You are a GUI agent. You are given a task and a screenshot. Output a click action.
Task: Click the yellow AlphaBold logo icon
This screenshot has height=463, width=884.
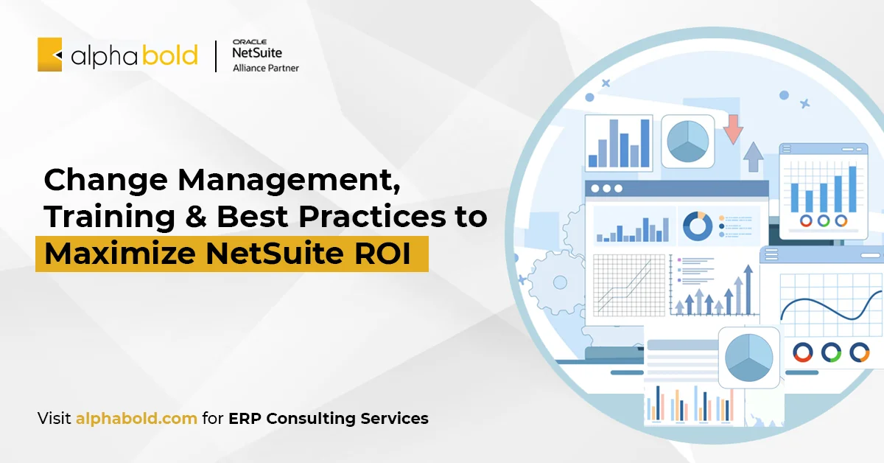coord(50,55)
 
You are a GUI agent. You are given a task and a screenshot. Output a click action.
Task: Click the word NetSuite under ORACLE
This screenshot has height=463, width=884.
coord(257,53)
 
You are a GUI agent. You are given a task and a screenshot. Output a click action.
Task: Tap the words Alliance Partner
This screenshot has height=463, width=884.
coord(266,68)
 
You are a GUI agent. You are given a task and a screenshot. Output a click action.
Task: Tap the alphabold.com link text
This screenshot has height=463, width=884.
coord(136,419)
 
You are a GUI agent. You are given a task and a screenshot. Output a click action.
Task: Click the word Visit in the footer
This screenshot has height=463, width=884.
coord(55,419)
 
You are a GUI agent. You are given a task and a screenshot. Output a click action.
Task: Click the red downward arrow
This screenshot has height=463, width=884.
coord(732,129)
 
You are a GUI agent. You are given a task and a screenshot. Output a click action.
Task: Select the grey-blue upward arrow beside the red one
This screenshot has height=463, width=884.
coord(753,156)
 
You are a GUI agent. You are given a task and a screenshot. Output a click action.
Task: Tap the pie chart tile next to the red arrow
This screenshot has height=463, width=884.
coord(687,140)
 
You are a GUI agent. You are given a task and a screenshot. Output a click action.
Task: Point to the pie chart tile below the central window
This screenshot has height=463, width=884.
coord(748,358)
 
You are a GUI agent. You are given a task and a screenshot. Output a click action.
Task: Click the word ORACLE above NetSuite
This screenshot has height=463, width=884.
coord(249,41)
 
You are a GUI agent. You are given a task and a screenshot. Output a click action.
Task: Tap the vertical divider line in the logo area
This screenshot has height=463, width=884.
coord(216,56)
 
